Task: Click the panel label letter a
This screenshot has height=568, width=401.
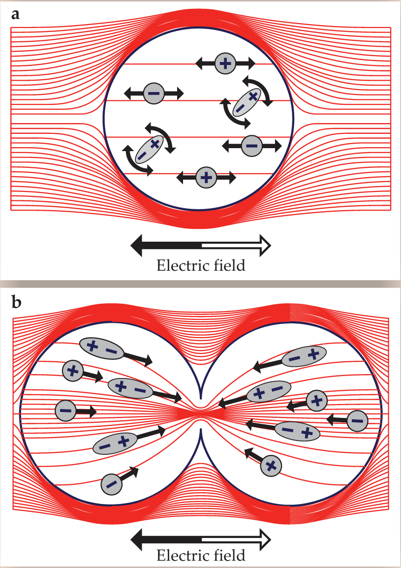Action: (x=16, y=14)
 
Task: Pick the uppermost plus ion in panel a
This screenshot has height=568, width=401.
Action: (x=225, y=63)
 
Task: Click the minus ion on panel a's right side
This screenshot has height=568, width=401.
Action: (x=251, y=146)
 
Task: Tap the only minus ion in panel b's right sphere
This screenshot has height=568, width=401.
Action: (x=357, y=420)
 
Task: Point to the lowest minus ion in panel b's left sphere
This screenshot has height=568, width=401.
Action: (x=112, y=483)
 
